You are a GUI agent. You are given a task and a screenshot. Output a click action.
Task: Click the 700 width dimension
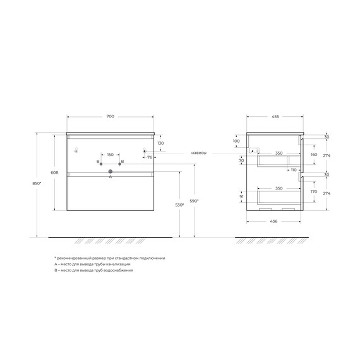click(x=111, y=117)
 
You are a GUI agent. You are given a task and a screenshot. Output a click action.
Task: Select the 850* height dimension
click(x=40, y=184)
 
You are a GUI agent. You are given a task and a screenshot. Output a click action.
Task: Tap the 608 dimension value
click(x=56, y=172)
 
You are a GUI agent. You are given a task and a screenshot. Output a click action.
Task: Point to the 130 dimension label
click(x=160, y=143)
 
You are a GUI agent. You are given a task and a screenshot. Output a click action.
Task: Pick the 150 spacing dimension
click(x=110, y=155)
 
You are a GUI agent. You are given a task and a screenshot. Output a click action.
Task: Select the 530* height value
click(x=179, y=205)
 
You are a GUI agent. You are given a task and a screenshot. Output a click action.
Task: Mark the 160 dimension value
click(x=313, y=153)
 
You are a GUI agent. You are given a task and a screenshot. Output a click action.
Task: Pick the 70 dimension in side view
click(x=241, y=161)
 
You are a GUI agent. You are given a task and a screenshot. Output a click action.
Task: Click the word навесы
click(x=199, y=153)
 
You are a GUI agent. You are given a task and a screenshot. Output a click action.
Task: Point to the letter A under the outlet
click(x=111, y=177)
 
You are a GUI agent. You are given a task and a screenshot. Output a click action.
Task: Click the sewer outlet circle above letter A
click(x=111, y=171)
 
